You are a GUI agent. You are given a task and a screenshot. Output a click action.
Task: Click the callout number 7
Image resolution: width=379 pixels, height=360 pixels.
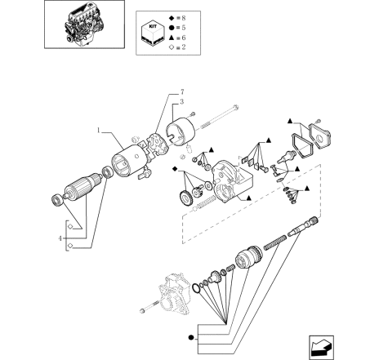tap(182, 91)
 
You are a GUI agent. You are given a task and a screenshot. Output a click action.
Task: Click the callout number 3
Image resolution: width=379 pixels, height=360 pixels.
tap(182, 102)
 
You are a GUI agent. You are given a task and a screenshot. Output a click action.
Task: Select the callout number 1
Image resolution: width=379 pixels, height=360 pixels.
tap(99, 131)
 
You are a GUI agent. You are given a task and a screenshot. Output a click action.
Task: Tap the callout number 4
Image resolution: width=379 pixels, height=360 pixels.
tap(60, 238)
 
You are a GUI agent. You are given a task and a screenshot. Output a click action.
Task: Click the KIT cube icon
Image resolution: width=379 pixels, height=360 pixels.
tap(153, 33)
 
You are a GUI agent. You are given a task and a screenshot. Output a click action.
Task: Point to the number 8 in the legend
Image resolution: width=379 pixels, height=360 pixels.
tap(184, 18)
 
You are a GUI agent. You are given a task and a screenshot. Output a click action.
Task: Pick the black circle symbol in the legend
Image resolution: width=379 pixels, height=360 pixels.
tap(172, 28)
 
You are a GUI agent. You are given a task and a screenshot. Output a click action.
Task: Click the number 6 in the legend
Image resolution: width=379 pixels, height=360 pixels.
tap(184, 38)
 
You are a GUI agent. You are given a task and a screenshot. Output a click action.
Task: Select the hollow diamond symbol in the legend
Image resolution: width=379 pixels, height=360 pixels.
tap(172, 47)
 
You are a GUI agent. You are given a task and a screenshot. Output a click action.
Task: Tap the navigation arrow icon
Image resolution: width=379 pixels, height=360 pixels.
tap(321, 348)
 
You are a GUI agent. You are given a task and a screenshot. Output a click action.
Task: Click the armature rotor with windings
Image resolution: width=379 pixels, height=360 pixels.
tap(81, 186)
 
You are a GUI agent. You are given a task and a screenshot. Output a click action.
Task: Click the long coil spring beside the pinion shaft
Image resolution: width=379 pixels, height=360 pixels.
tap(274, 242)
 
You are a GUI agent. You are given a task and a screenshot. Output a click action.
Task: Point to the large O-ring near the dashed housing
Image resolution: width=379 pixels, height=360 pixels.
tap(196, 288)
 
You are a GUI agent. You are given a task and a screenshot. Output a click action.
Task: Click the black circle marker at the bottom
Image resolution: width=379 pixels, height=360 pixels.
tap(191, 338)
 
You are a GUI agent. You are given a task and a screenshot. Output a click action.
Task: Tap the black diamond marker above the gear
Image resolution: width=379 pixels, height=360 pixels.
tap(175, 169)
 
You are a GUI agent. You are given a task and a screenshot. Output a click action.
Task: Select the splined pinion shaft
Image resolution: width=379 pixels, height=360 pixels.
tap(303, 226)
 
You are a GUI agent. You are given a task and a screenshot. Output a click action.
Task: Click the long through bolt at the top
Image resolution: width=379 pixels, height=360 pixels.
tap(220, 118)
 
